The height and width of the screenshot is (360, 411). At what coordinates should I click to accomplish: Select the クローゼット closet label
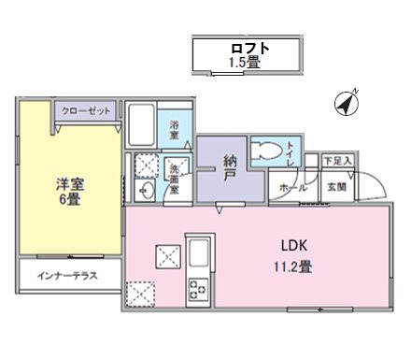coord(86,111)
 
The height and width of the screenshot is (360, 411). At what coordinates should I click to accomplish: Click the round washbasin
coord(148,191)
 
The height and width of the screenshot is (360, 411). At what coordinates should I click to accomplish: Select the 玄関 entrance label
coord(335,186)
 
